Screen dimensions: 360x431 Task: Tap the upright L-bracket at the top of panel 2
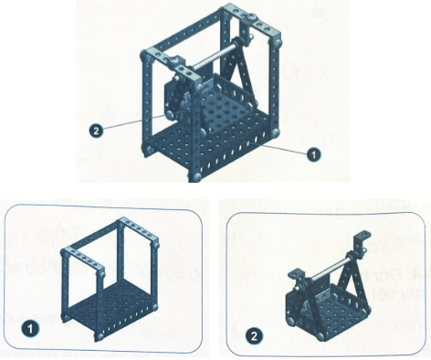[363, 242]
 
